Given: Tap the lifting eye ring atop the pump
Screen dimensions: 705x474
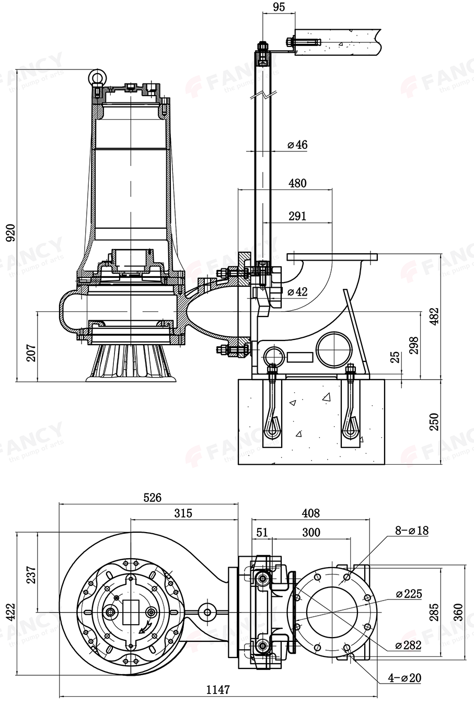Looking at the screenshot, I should [x=96, y=77].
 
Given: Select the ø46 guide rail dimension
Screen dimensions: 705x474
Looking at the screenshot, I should [x=297, y=145].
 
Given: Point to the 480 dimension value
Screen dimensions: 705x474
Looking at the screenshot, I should [x=297, y=183].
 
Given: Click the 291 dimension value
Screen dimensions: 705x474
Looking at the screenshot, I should [x=297, y=216].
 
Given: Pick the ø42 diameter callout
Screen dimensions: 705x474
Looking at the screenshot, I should [x=297, y=291].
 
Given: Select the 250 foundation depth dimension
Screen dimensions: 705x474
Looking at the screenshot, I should [x=434, y=422].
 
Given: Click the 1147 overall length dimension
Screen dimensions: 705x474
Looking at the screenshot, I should [x=218, y=690].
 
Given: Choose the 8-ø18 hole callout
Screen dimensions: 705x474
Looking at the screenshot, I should [x=412, y=531].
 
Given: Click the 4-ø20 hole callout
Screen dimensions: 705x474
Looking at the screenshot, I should [x=404, y=678].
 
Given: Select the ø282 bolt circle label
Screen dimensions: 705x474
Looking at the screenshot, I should [x=408, y=645].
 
